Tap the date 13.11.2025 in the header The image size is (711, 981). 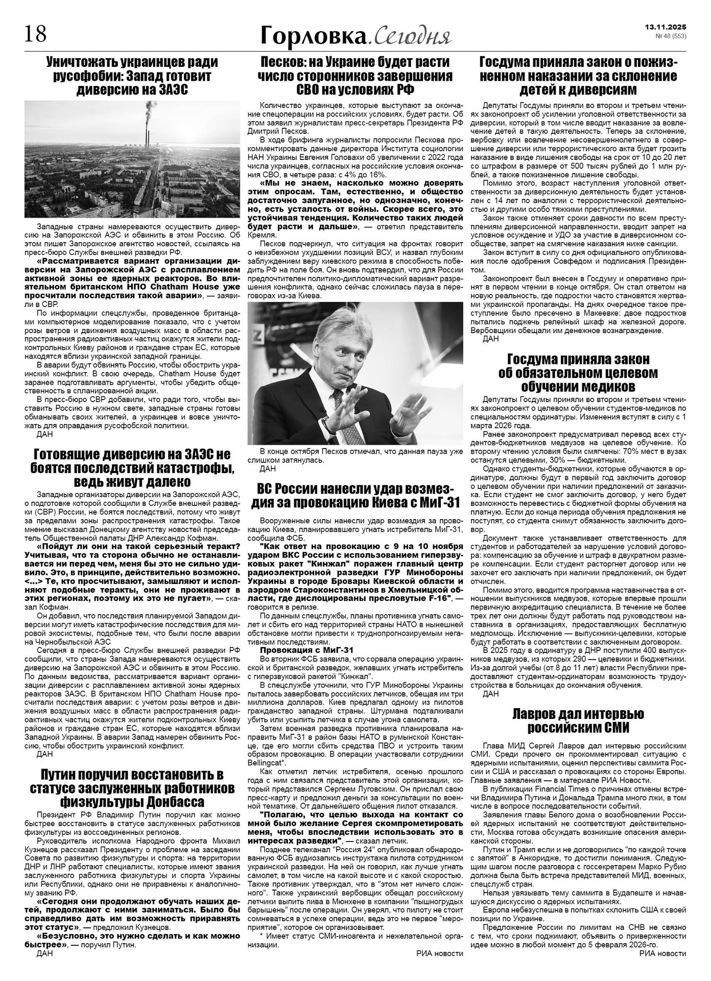pyautogui.click(x=666, y=27)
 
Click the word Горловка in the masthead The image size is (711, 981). pyautogui.click(x=313, y=35)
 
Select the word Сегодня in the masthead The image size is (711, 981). pyautogui.click(x=412, y=36)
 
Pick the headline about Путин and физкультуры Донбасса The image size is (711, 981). pyautogui.click(x=132, y=787)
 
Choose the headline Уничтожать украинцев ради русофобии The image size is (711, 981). pyautogui.click(x=132, y=76)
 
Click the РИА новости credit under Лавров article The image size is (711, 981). pyautogui.click(x=662, y=953)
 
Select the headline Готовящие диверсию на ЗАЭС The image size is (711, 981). pyautogui.click(x=132, y=468)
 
